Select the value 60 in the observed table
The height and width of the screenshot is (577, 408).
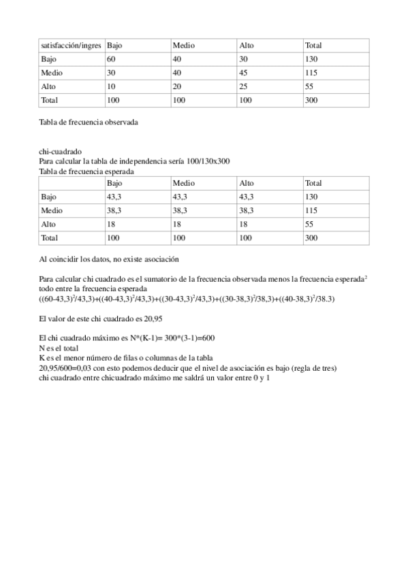click(x=111, y=59)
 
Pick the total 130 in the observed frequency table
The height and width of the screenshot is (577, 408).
click(x=313, y=59)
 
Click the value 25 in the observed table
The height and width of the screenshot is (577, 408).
click(x=244, y=86)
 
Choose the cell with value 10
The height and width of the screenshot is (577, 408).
click(x=111, y=86)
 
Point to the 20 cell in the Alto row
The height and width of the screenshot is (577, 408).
click(x=177, y=86)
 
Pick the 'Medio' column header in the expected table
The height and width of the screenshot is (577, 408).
click(x=184, y=184)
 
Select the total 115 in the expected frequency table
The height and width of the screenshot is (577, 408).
click(x=313, y=211)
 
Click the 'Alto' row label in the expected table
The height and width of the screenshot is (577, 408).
click(x=48, y=225)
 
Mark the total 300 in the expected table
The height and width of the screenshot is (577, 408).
click(x=313, y=238)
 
